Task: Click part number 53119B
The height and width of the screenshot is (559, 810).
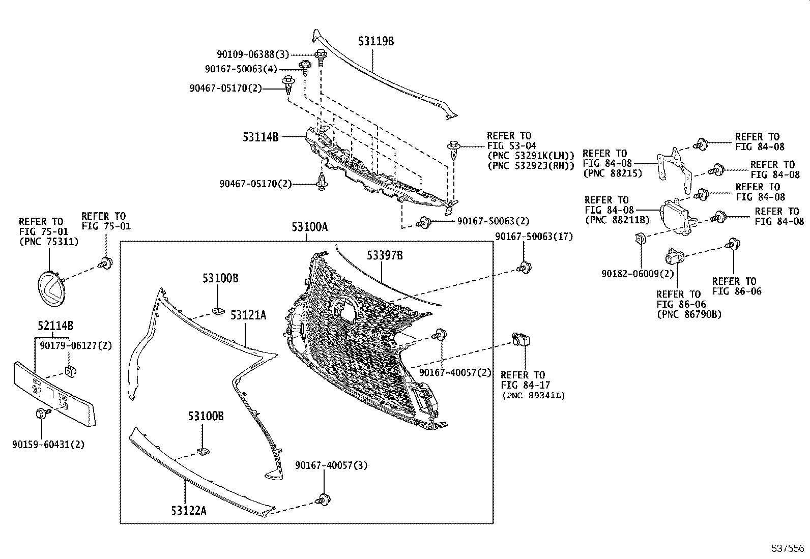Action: [x=376, y=42]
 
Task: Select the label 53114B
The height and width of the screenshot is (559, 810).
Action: [x=261, y=137]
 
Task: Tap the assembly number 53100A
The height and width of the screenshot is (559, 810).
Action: [x=309, y=227]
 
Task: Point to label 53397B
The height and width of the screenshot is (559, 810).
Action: [x=385, y=256]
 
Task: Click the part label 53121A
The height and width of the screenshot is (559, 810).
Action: [x=248, y=316]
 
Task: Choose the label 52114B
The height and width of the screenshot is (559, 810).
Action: [x=55, y=326]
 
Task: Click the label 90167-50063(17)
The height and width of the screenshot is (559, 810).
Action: [x=534, y=236]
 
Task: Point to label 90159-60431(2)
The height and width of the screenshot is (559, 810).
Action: [x=48, y=445]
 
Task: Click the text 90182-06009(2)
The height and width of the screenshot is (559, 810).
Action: [x=638, y=274]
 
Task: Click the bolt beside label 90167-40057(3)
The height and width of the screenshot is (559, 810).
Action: [x=322, y=499]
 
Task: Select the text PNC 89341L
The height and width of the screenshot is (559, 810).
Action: [x=533, y=395]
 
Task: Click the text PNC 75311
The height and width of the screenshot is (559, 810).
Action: [x=49, y=242]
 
